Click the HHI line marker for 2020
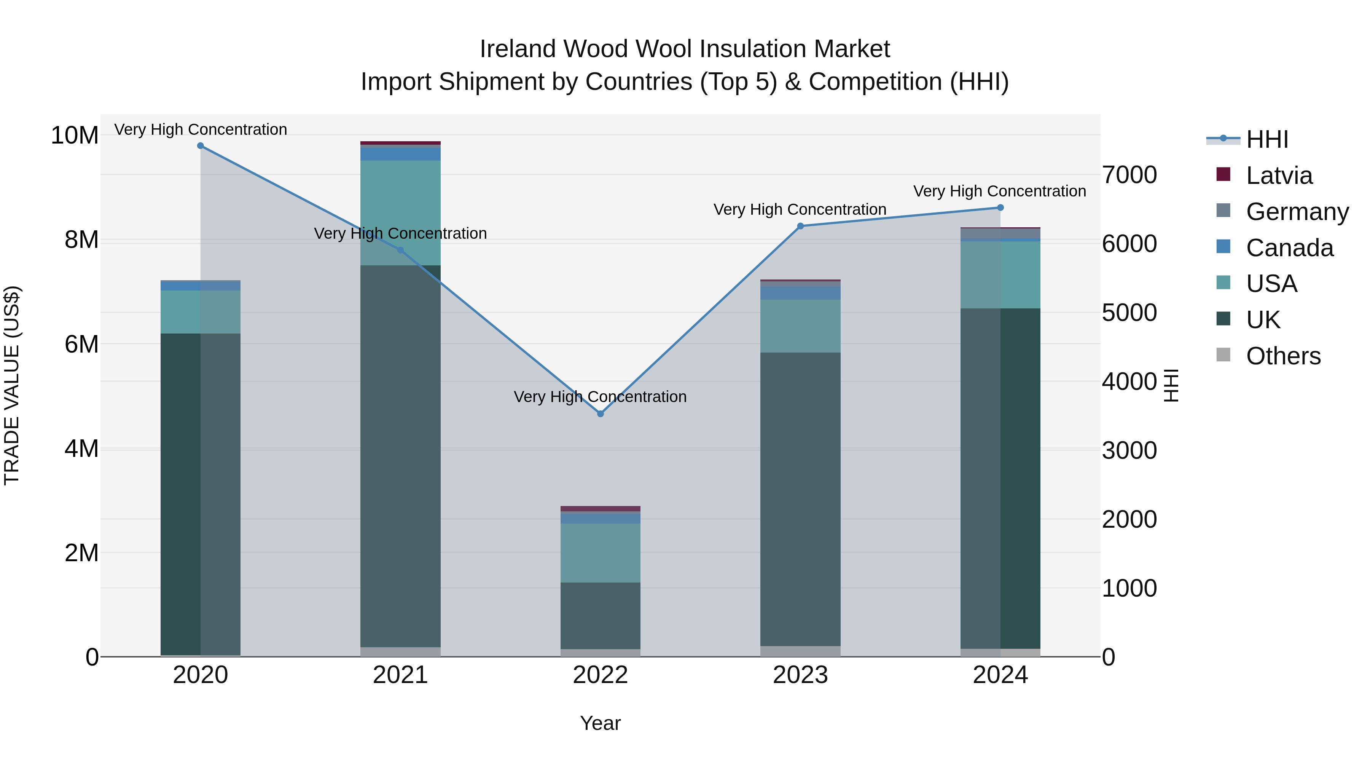tap(201, 146)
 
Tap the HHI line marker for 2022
tap(601, 413)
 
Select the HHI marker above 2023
tap(800, 226)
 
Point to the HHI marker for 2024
tap(1000, 208)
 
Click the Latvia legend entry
tap(1279, 176)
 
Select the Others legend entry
tap(1283, 356)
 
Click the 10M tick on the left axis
tap(75, 135)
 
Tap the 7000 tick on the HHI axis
tap(1129, 175)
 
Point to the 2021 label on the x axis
tap(400, 675)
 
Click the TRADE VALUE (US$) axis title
tap(12, 385)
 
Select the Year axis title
tap(601, 723)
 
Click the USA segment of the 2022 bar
tap(601, 553)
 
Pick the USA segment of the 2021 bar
tap(400, 213)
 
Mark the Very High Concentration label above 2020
tap(201, 129)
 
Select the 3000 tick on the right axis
tap(1129, 451)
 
